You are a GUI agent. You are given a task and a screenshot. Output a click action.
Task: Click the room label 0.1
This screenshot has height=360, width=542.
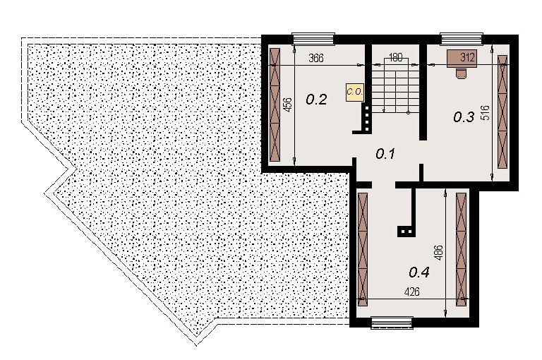click(385, 154)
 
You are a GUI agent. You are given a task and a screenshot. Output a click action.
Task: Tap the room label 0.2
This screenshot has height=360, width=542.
click(316, 100)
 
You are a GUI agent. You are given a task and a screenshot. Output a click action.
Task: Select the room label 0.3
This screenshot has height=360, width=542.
click(464, 118)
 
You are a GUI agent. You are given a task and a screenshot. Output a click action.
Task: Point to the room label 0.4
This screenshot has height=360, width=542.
click(419, 272)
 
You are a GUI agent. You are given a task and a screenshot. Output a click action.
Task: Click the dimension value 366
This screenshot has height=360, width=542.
click(316, 58)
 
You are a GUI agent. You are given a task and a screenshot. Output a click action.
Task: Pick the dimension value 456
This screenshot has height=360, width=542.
click(288, 104)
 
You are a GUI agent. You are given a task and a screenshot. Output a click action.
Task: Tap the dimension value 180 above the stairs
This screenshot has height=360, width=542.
click(395, 57)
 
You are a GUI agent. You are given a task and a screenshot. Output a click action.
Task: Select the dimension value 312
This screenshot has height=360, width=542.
click(467, 57)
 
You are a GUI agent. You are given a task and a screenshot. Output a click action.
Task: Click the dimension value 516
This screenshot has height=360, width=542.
click(486, 113)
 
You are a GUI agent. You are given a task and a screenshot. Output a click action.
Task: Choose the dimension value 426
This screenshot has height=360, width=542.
click(411, 292)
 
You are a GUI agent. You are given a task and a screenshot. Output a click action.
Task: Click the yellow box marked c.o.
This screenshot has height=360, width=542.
click(355, 92)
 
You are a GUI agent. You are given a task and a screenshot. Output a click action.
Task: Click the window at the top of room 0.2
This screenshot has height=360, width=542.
click(313, 39)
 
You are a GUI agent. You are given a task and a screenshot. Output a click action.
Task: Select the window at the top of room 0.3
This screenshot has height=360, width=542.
click(461, 39)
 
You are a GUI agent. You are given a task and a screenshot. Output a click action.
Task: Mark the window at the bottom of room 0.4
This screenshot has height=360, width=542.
click(392, 323)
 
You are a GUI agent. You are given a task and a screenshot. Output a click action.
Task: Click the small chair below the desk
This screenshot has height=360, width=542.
click(461, 73)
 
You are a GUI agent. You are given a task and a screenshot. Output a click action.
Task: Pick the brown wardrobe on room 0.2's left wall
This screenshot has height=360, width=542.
click(275, 104)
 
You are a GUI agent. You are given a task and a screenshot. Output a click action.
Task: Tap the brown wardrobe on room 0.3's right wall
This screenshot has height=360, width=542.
click(502, 112)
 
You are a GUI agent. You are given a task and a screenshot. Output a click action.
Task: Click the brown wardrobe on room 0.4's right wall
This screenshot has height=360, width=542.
click(461, 249)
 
